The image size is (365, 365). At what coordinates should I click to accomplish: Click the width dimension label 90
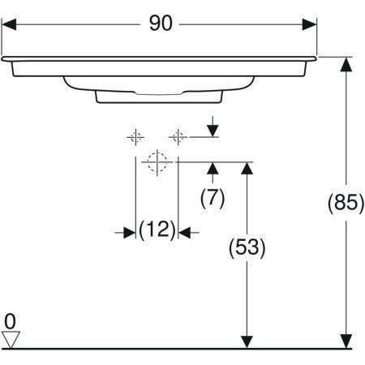161,24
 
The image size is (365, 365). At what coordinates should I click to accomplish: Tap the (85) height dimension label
346,203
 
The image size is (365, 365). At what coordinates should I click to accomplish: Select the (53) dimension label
247,247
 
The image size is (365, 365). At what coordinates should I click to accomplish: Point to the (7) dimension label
213,198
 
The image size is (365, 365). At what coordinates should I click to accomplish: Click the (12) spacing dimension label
157,230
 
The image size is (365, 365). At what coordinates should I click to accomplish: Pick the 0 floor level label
10,321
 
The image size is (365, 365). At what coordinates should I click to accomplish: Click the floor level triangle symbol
11,340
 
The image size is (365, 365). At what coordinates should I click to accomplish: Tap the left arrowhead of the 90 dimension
9,24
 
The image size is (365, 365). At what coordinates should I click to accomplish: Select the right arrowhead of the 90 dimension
309,24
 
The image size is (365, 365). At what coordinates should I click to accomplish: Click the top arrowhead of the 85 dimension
346,64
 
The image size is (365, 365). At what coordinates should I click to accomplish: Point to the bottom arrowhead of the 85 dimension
346,341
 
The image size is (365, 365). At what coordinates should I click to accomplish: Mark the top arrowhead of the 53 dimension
247,169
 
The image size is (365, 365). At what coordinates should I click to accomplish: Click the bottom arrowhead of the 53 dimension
247,341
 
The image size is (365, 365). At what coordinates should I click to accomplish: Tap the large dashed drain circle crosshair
157,162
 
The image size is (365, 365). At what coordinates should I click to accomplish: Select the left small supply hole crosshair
135,137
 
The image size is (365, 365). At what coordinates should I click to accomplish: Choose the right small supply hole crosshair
178,137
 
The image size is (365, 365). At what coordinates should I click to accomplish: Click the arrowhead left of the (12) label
129,232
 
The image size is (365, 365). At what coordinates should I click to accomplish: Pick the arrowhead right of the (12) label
184,232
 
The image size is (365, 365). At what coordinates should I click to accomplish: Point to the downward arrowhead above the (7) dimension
213,131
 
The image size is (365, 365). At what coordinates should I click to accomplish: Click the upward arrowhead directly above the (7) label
213,169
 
